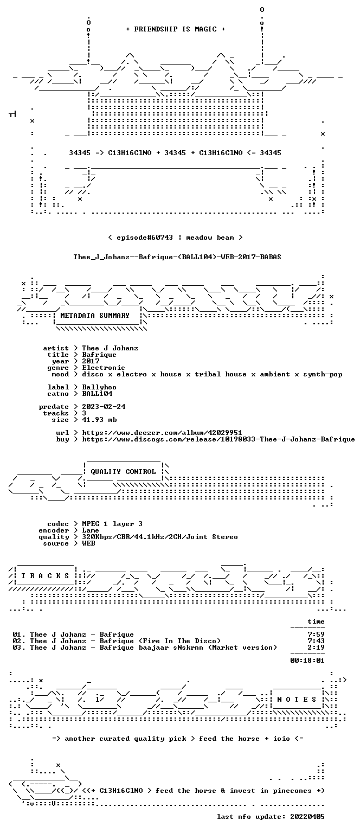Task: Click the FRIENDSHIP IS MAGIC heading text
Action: (x=176, y=29)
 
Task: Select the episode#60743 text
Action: (x=145, y=237)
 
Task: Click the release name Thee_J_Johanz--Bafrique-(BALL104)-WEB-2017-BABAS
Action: (x=177, y=257)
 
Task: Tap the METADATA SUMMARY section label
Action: (x=95, y=315)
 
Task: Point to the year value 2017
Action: (x=91, y=361)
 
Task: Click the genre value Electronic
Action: (x=104, y=368)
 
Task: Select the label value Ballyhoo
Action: (x=99, y=387)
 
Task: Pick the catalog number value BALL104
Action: (x=97, y=393)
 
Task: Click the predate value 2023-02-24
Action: (x=104, y=406)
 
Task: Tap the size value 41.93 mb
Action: (x=99, y=419)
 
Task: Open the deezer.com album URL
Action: (x=162, y=432)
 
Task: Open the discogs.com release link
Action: (x=218, y=439)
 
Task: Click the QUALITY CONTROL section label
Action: (x=123, y=471)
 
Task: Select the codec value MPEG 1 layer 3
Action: (x=112, y=523)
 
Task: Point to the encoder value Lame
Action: (x=91, y=530)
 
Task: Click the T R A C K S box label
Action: (x=45, y=575)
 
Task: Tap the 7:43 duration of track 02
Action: (x=316, y=640)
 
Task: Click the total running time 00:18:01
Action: (x=307, y=661)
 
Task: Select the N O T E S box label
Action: (x=297, y=700)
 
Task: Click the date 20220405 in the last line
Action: (x=307, y=817)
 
